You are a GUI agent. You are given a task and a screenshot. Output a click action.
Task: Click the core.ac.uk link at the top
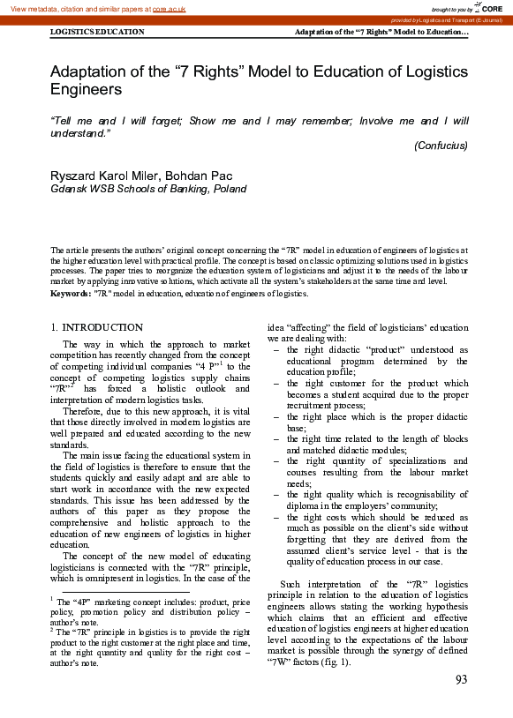(169, 8)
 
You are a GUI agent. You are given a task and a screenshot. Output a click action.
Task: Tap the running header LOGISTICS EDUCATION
(97, 32)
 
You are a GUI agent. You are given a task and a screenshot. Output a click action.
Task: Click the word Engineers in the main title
(86, 89)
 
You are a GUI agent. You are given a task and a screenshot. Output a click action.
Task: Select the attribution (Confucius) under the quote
(441, 146)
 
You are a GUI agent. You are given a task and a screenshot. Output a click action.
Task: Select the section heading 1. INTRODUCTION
(96, 327)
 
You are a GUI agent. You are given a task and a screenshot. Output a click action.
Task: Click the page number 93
(461, 678)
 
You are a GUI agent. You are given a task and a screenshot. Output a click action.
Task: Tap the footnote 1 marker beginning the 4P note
(52, 599)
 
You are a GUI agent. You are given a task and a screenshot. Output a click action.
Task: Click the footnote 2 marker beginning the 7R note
(52, 630)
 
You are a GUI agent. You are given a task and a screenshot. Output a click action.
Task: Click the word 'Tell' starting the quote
(64, 121)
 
